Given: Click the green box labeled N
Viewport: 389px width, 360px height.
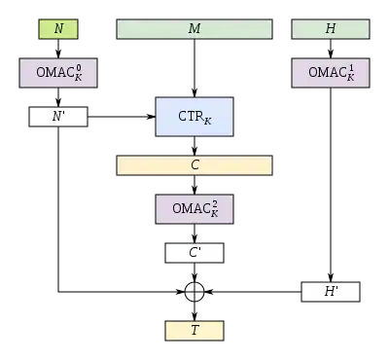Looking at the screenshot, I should pos(58,29).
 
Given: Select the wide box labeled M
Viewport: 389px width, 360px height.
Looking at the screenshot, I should pos(194,29).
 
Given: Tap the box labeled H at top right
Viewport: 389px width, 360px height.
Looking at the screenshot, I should pos(331,29).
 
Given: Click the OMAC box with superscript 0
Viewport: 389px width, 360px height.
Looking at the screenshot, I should pos(58,72).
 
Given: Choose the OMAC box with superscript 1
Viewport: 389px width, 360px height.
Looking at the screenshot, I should pos(331,72).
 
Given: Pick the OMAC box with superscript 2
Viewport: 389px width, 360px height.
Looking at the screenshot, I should pos(194,209).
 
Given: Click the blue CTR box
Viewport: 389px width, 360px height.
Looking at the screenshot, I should pos(194,117).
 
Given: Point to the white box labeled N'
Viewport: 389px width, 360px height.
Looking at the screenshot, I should pos(58,118).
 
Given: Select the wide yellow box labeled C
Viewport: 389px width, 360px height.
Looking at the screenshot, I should pos(194,165).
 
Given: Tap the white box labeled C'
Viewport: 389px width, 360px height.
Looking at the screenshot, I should pos(194,254).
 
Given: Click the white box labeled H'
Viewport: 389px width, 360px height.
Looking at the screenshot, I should pos(331,292).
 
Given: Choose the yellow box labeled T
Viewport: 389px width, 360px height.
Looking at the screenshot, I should pos(194,331).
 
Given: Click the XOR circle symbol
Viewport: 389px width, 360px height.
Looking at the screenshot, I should pos(194,292).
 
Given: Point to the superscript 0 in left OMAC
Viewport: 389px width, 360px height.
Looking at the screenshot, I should pos(78,67).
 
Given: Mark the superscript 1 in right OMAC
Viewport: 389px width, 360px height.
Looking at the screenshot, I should pos(350,67).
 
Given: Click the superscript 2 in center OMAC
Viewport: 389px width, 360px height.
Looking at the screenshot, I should pos(214,204).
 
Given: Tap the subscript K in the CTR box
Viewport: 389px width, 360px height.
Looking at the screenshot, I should pos(207,121).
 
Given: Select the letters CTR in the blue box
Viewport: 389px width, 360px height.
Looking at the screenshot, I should pos(190,117).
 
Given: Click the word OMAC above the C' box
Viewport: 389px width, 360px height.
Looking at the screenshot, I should pos(190,209).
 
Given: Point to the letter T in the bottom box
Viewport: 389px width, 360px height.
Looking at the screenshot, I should pos(194,331).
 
